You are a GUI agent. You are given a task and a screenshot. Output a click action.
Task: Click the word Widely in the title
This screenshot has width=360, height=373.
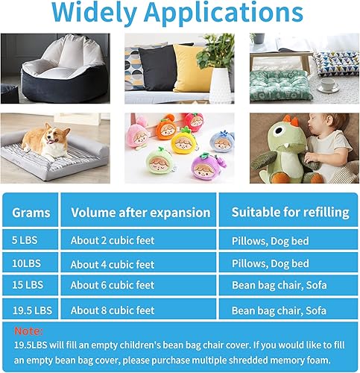(94, 13)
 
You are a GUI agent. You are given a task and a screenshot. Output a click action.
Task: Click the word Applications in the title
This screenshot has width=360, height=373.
(224, 13)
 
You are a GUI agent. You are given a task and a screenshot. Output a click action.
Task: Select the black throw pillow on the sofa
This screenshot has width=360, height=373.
(157, 67)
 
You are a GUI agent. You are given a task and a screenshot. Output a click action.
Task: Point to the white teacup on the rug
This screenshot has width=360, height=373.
(329, 86)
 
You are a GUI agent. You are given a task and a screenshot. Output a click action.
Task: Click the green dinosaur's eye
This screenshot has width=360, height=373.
(280, 131)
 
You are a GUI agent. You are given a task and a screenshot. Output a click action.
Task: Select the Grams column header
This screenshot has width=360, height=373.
(31, 213)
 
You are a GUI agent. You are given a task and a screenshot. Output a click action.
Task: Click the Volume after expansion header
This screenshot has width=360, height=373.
(141, 213)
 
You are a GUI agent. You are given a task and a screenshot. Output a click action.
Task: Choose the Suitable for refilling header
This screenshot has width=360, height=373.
(291, 213)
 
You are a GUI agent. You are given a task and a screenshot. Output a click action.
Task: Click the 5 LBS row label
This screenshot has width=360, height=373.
(25, 240)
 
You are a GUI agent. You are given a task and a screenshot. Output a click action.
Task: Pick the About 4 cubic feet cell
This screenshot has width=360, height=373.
(113, 264)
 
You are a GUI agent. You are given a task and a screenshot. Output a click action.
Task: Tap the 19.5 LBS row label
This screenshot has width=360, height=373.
(32, 310)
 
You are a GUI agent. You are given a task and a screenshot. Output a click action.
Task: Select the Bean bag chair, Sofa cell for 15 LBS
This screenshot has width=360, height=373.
(280, 285)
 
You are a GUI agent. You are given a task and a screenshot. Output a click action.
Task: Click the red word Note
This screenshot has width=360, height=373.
(28, 331)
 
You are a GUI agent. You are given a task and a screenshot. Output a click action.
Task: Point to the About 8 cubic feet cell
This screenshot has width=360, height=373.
(113, 310)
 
